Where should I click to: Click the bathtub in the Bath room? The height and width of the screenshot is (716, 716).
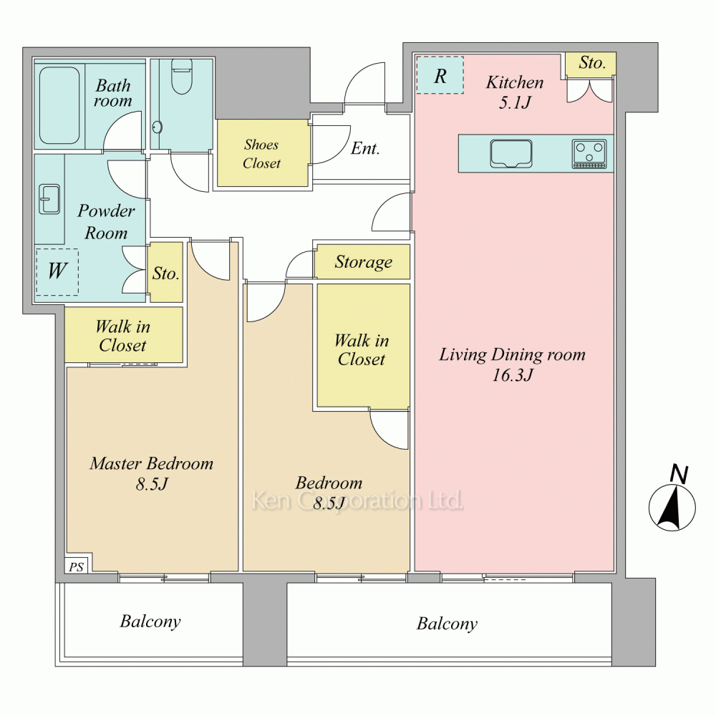(x=59, y=106)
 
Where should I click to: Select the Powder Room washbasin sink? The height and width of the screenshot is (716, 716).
(x=49, y=199)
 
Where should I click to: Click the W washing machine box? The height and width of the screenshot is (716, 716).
(x=57, y=271)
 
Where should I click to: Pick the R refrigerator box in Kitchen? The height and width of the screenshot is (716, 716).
(x=440, y=75)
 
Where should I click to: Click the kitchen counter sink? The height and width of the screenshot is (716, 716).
(x=511, y=153)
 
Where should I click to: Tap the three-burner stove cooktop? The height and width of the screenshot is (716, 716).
(x=589, y=154)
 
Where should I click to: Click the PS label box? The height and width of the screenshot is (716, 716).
(x=77, y=566)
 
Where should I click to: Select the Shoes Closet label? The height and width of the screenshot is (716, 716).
(x=261, y=154)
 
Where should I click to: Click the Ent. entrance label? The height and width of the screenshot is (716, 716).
(x=365, y=148)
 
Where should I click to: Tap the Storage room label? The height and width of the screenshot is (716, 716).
(x=364, y=262)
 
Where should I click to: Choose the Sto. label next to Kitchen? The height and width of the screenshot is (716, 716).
(x=592, y=62)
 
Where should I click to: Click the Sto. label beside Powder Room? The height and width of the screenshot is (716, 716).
(x=166, y=274)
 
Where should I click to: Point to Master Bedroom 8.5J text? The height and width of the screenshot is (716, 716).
(x=152, y=473)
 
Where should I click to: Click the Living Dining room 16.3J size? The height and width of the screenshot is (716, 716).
(x=513, y=375)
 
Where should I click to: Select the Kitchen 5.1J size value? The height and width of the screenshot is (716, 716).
(x=515, y=102)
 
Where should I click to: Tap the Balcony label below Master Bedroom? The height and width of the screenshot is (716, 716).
(x=150, y=621)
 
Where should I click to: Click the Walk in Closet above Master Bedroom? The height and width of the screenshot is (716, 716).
(x=123, y=336)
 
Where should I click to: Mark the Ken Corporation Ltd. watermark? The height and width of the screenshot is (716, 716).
(x=357, y=501)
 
